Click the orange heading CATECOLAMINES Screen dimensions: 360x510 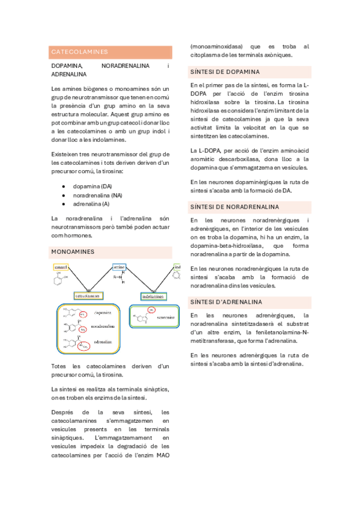tap(79, 52)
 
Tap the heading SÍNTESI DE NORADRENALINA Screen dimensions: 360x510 tap(234, 207)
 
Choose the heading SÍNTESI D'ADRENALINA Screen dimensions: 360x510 tap(226, 301)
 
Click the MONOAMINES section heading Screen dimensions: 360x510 tap(73, 251)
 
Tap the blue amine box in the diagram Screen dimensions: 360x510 tap(118, 266)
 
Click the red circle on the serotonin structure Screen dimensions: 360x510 tap(151, 309)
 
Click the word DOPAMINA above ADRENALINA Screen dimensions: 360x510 tap(67, 65)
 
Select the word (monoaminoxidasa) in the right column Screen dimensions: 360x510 tap(216, 46)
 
